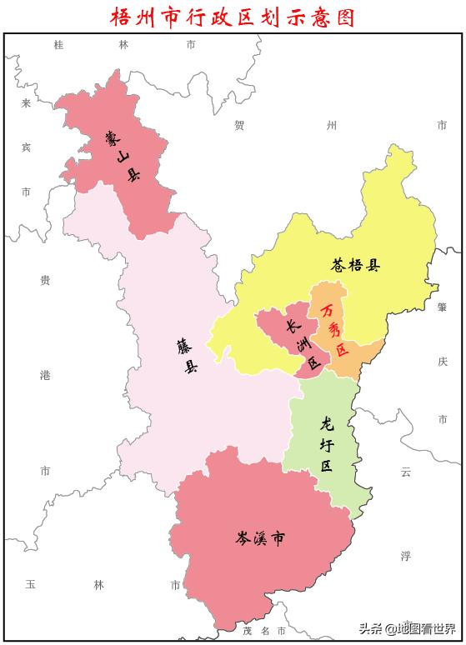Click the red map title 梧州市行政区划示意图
tap(233, 16)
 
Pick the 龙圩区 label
tap(326, 444)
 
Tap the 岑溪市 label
tap(260, 537)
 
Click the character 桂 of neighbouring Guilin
tap(58, 45)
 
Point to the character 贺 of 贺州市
tap(239, 126)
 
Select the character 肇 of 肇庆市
tap(442, 307)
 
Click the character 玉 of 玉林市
tap(29, 584)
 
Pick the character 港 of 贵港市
tap(45, 376)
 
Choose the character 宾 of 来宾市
tap(26, 147)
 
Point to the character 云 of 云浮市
tap(406, 472)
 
